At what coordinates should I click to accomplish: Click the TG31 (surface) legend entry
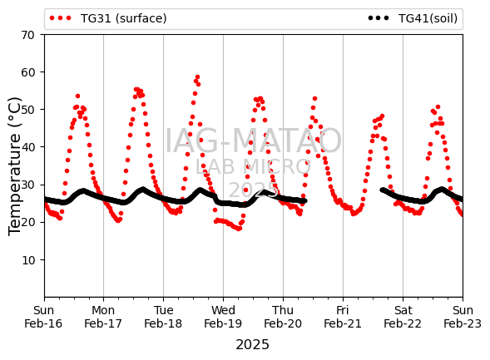click(108, 18)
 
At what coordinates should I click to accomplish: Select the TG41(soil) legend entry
click(413, 18)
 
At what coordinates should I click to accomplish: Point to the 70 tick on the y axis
click(27, 35)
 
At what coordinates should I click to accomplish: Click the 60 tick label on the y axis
click(27, 72)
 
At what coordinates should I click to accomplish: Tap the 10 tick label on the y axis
click(27, 260)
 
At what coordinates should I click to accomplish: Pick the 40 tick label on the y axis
click(27, 147)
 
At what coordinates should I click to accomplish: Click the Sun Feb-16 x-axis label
click(43, 317)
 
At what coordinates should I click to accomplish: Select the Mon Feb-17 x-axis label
click(103, 317)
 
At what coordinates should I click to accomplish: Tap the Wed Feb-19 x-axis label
click(223, 317)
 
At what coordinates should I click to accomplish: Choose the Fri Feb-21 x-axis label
click(343, 317)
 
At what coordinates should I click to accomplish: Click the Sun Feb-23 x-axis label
click(463, 317)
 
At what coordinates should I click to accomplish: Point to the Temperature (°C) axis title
click(14, 166)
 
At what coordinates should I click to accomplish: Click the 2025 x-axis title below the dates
click(253, 345)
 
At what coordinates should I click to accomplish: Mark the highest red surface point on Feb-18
click(197, 77)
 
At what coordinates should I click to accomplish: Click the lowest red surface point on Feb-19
click(239, 229)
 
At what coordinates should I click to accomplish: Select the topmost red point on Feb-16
click(78, 96)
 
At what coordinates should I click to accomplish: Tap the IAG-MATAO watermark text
click(253, 141)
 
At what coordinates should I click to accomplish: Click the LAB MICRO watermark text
click(253, 166)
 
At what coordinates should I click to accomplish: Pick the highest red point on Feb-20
click(314, 99)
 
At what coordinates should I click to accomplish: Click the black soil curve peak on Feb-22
click(441, 190)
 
